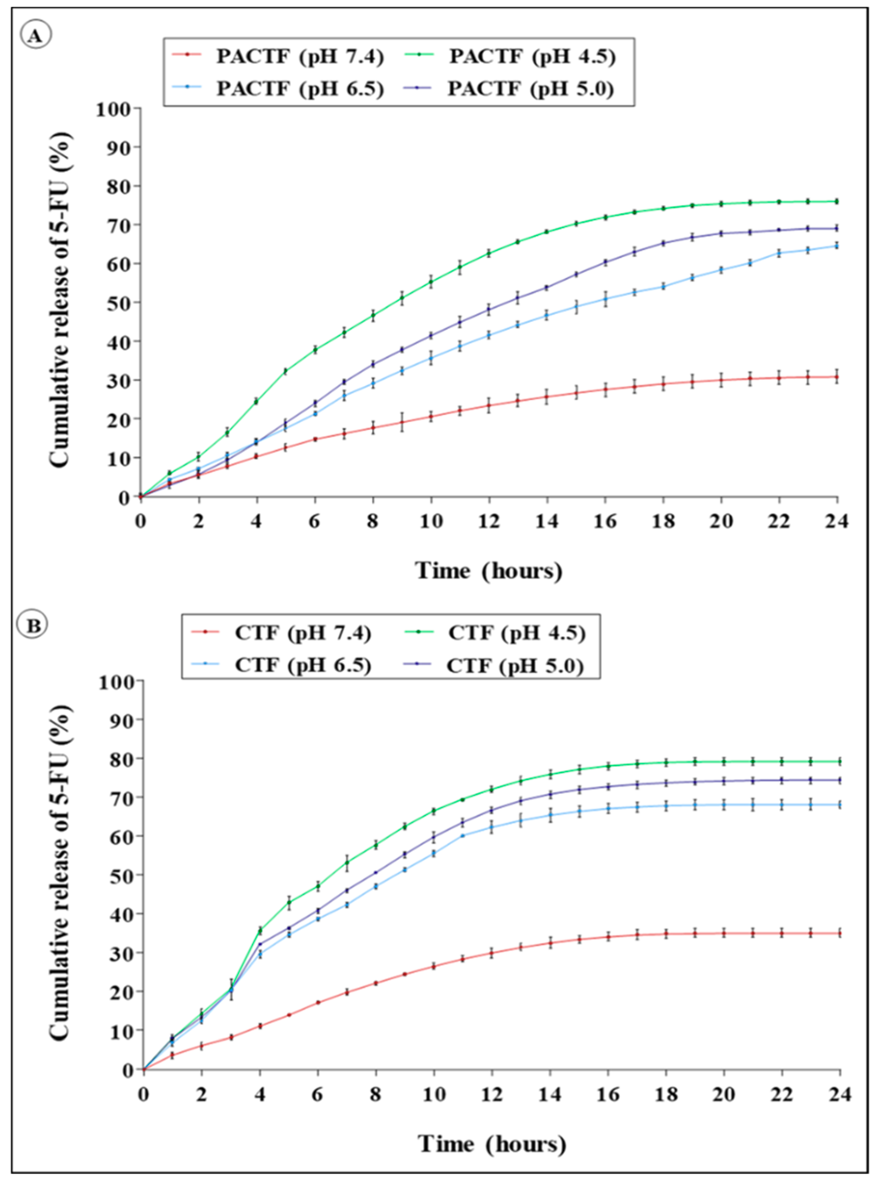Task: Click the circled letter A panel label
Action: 36,36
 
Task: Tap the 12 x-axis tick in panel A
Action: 489,521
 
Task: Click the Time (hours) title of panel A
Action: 489,571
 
